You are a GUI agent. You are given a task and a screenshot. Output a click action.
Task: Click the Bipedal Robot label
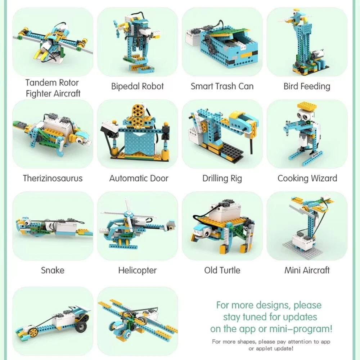[137, 86]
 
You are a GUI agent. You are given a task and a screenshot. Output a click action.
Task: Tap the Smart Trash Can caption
[222, 86]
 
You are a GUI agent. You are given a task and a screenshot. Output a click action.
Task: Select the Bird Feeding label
[307, 86]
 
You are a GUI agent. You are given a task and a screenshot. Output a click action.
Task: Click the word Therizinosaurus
[53, 179]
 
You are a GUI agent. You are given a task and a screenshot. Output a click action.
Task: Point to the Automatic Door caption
[139, 179]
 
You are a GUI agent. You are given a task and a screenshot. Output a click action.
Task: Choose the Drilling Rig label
[222, 179]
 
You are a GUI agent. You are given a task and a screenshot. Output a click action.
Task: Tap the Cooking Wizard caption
[307, 179]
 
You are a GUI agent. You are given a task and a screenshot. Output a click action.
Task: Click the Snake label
[53, 270]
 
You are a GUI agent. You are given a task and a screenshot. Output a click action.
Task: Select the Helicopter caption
[137, 270]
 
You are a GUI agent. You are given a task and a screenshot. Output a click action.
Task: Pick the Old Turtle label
[222, 270]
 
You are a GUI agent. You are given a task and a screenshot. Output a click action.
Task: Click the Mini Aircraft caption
[307, 270]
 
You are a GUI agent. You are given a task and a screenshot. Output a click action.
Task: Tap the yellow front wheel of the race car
[33, 331]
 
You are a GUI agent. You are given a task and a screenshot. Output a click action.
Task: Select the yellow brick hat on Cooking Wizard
[307, 105]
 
